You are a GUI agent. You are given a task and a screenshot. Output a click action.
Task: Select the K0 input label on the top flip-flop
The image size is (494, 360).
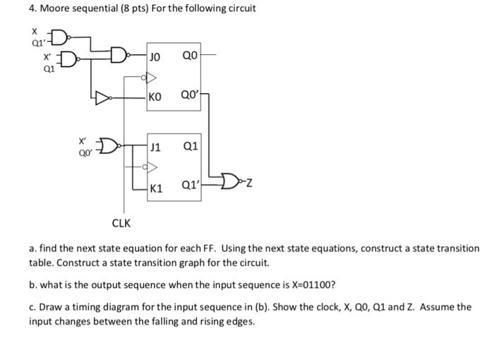click(157, 98)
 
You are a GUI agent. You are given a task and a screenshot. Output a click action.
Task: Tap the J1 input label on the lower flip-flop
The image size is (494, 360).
click(157, 148)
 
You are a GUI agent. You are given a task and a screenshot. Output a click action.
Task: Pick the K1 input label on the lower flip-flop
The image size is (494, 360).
click(157, 188)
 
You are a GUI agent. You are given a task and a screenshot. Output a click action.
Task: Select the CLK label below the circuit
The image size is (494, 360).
click(121, 224)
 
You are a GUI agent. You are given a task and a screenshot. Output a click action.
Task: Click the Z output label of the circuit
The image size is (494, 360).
click(250, 185)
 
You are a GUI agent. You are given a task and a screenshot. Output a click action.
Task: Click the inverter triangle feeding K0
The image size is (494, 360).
click(104, 98)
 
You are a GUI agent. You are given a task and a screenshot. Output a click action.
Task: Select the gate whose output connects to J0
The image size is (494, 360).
click(119, 53)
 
